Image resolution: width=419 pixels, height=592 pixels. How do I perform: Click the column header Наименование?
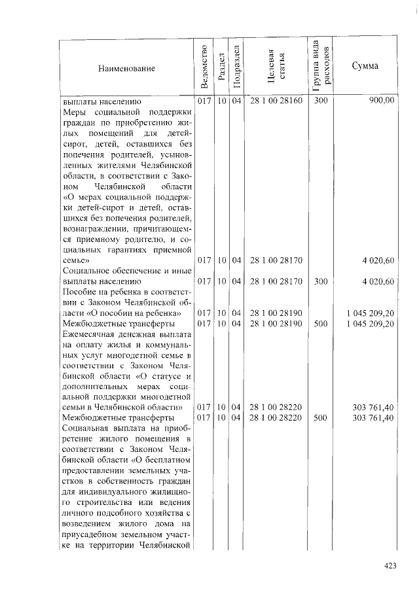click(x=127, y=69)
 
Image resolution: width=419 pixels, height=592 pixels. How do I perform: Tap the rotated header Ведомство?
click(x=204, y=66)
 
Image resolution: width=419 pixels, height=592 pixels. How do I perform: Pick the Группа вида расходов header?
click(x=321, y=65)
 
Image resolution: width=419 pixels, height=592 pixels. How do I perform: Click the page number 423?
click(x=390, y=566)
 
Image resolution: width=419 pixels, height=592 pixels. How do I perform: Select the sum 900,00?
click(x=381, y=102)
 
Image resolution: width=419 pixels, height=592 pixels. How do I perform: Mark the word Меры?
click(x=73, y=113)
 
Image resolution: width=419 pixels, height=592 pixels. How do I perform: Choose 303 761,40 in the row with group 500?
click(x=373, y=418)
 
